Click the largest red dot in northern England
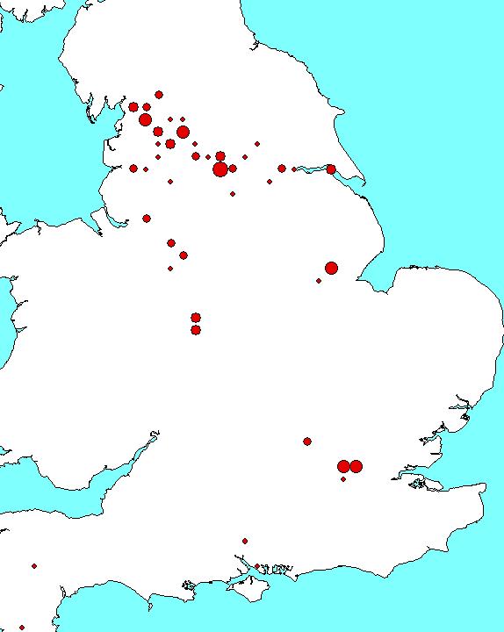click(220, 169)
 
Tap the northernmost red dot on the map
click(159, 95)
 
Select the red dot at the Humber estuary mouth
click(331, 169)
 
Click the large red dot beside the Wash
click(331, 268)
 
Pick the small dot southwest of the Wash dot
click(319, 281)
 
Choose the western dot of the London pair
click(343, 466)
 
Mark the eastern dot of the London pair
click(356, 466)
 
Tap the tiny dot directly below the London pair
click(343, 479)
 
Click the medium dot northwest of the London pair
click(307, 442)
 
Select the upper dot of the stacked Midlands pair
click(196, 318)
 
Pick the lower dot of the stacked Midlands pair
click(196, 330)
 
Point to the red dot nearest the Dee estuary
click(147, 219)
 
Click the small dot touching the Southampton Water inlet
click(245, 541)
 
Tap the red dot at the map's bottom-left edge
click(22, 628)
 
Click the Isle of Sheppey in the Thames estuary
click(433, 482)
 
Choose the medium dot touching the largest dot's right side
click(233, 169)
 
